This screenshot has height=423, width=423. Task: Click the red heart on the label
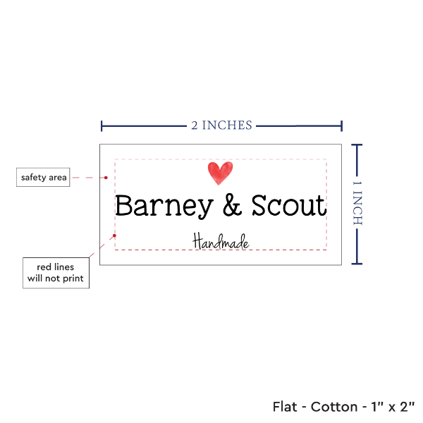point(220,173)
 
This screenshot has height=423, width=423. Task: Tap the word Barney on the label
point(164,206)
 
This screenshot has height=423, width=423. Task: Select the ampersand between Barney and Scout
point(232,205)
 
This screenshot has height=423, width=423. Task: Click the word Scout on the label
point(289,205)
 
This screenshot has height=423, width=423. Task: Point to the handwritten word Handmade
point(221,241)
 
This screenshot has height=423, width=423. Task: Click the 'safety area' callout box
point(43,177)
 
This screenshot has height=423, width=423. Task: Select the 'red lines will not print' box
point(56,273)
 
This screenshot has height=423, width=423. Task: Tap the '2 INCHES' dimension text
point(221,125)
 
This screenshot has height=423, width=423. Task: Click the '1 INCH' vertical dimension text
point(357,203)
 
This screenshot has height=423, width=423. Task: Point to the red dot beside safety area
point(106,178)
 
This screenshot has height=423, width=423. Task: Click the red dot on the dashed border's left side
point(114,235)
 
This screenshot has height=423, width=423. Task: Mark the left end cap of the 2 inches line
point(102,126)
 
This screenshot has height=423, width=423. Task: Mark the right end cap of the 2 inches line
point(341,126)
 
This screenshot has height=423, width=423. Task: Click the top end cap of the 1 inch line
point(357,145)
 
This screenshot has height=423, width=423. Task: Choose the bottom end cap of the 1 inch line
point(357,264)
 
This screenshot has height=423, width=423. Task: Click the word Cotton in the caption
point(334,407)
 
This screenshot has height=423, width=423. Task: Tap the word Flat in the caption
point(285,407)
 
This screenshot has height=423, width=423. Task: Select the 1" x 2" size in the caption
point(393,407)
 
